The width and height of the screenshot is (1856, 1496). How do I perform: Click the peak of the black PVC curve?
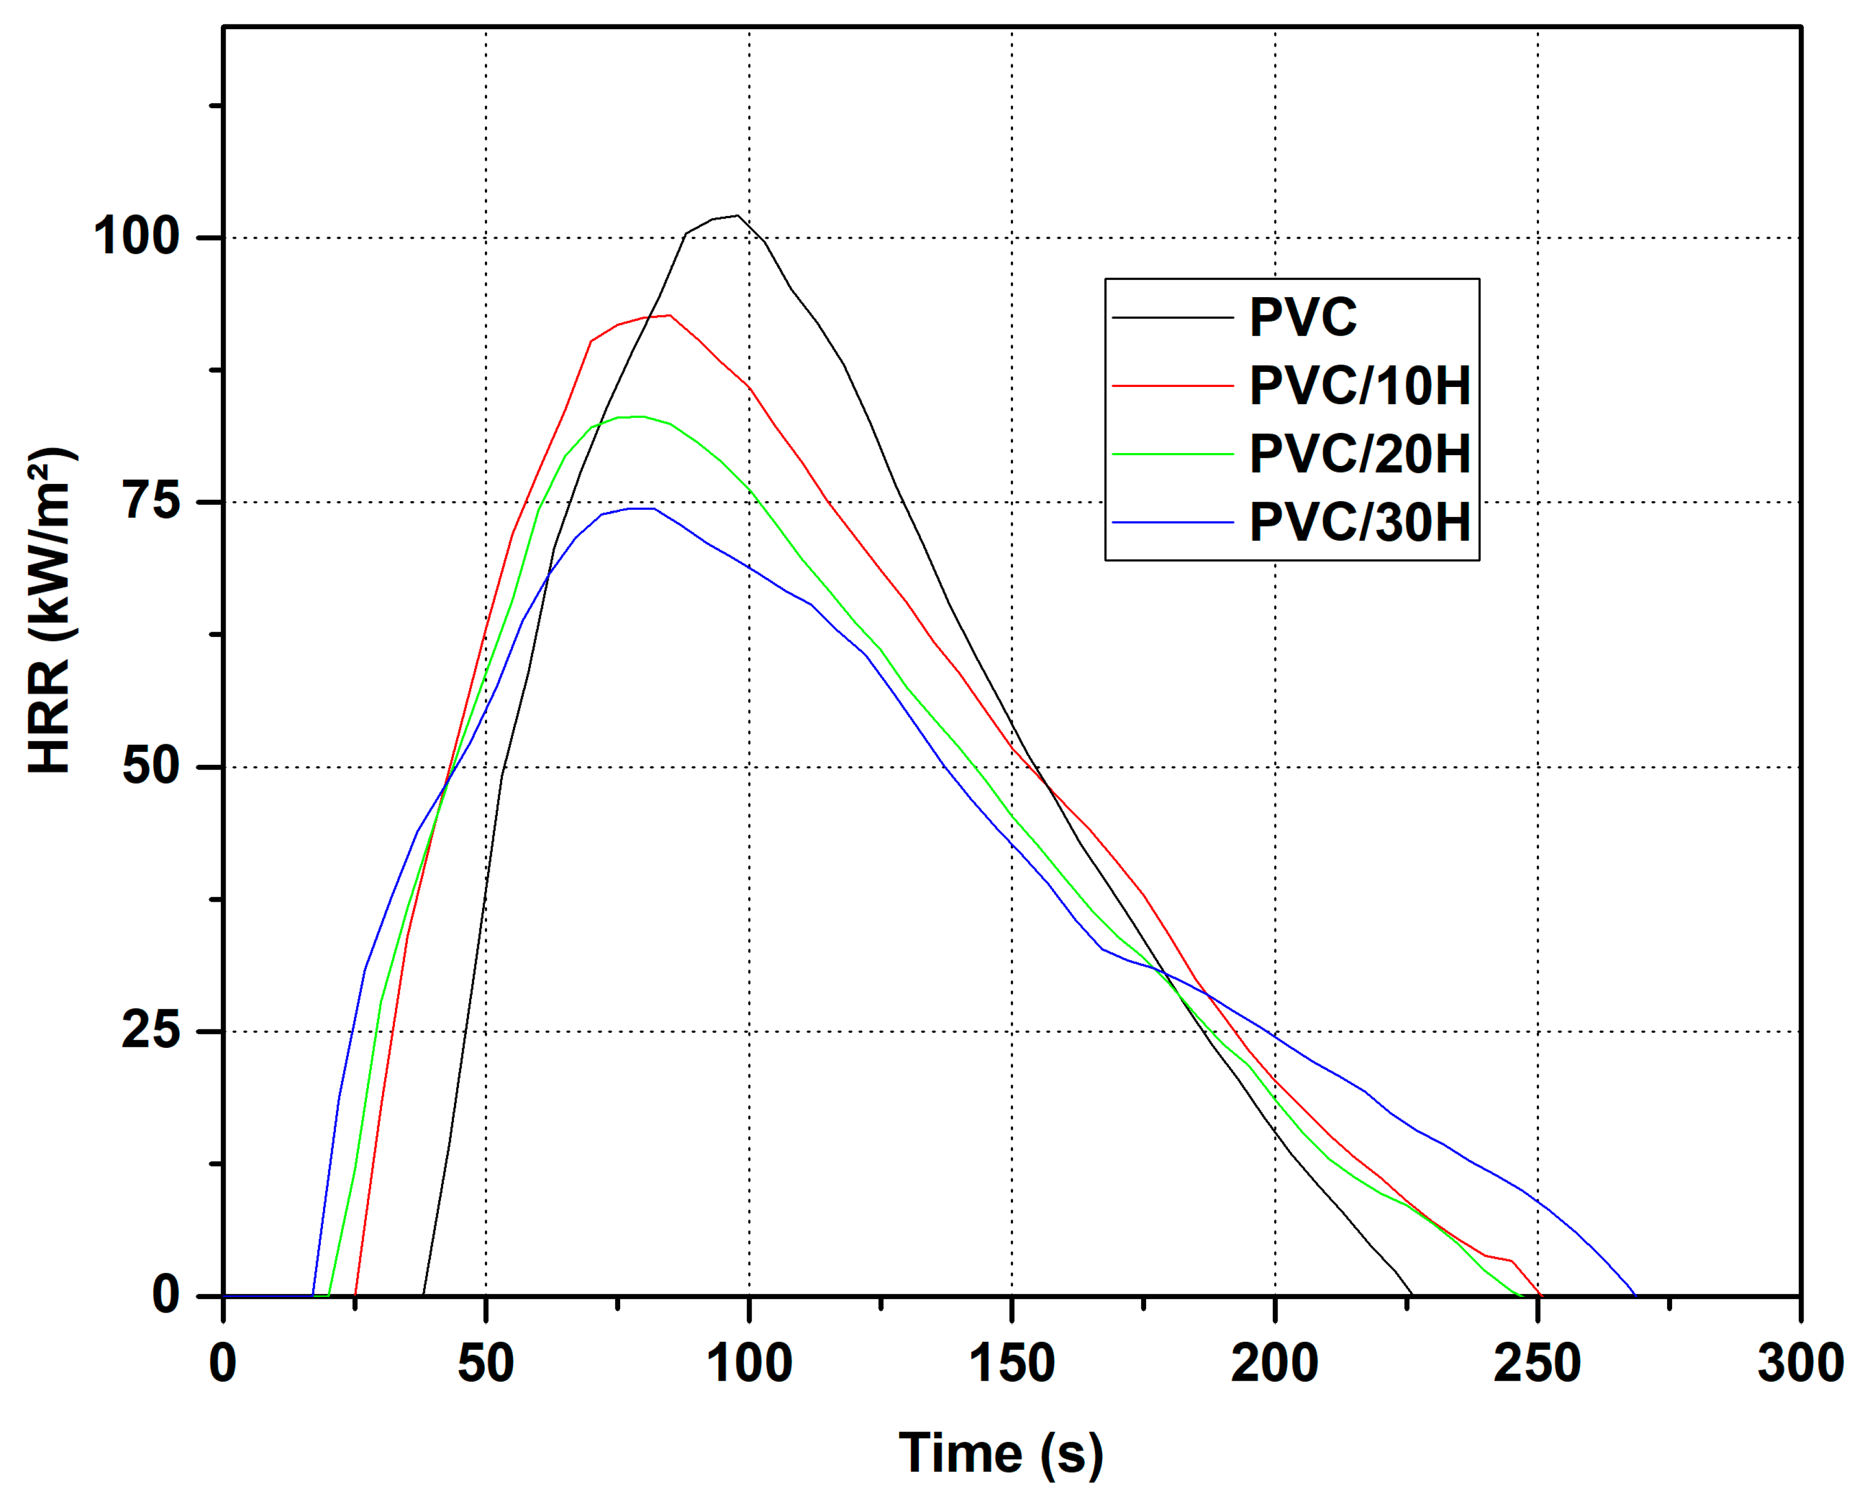pyautogui.click(x=736, y=215)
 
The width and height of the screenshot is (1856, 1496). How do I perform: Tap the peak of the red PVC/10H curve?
pyautogui.click(x=669, y=316)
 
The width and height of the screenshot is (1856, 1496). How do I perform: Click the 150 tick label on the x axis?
pyautogui.click(x=1011, y=1364)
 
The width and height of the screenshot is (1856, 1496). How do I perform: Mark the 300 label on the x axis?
pyautogui.click(x=1799, y=1364)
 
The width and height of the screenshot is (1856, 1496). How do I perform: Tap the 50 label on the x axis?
pyautogui.click(x=485, y=1364)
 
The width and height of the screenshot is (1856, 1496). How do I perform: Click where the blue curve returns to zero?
pyautogui.click(x=1635, y=1295)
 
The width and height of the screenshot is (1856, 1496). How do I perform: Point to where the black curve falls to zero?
pyautogui.click(x=1411, y=1295)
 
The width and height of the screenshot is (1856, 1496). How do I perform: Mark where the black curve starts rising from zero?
pyautogui.click(x=423, y=1295)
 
